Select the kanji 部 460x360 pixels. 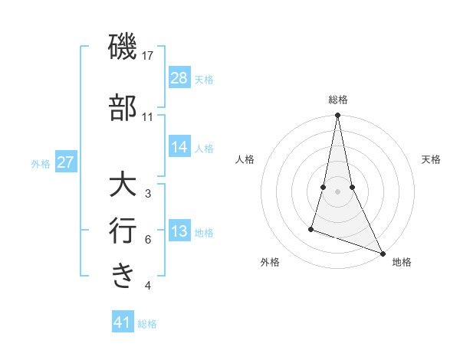[x=123, y=108]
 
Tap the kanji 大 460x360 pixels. [x=123, y=186]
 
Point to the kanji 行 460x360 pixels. [x=123, y=231]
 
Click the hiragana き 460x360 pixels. [x=123, y=275]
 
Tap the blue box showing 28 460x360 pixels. [x=179, y=78]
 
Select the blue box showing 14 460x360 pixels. [x=179, y=147]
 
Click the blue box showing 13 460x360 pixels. [x=179, y=232]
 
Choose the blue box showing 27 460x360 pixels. [x=66, y=162]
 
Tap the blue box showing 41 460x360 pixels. [x=123, y=322]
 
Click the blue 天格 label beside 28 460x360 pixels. [x=204, y=80]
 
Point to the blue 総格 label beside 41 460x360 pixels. [x=147, y=324]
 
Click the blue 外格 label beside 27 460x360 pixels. [x=41, y=163]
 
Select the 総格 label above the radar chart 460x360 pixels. [x=337, y=100]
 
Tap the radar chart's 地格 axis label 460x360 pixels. [x=402, y=263]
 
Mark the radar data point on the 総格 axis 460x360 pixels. [x=337, y=116]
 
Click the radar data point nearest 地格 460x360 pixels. [x=382, y=254]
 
